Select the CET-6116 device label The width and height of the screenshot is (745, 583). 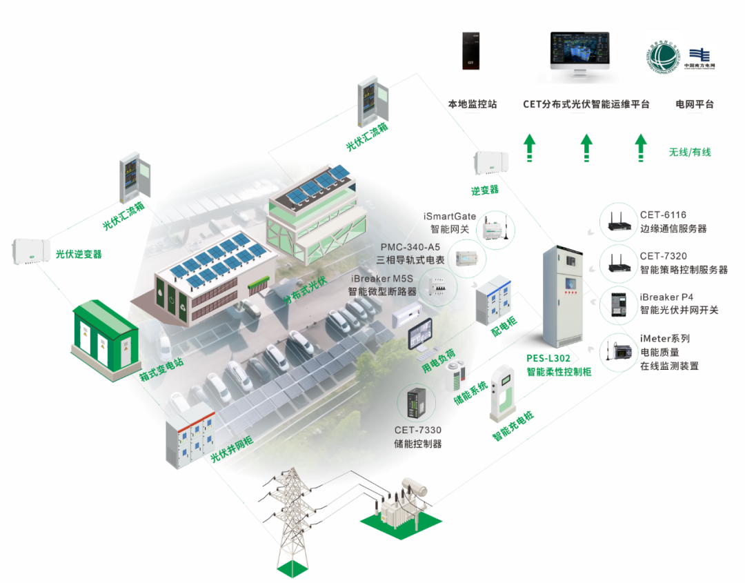point(663,215)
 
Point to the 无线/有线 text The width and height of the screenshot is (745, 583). point(689,152)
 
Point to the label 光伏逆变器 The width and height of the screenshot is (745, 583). point(79,255)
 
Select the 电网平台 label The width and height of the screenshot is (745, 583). point(694,105)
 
